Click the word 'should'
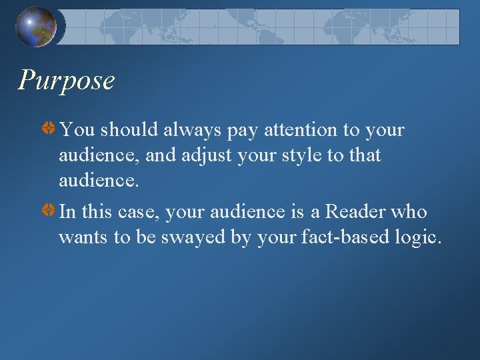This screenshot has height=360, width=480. (130, 129)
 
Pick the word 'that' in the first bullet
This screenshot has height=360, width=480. (365, 155)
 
